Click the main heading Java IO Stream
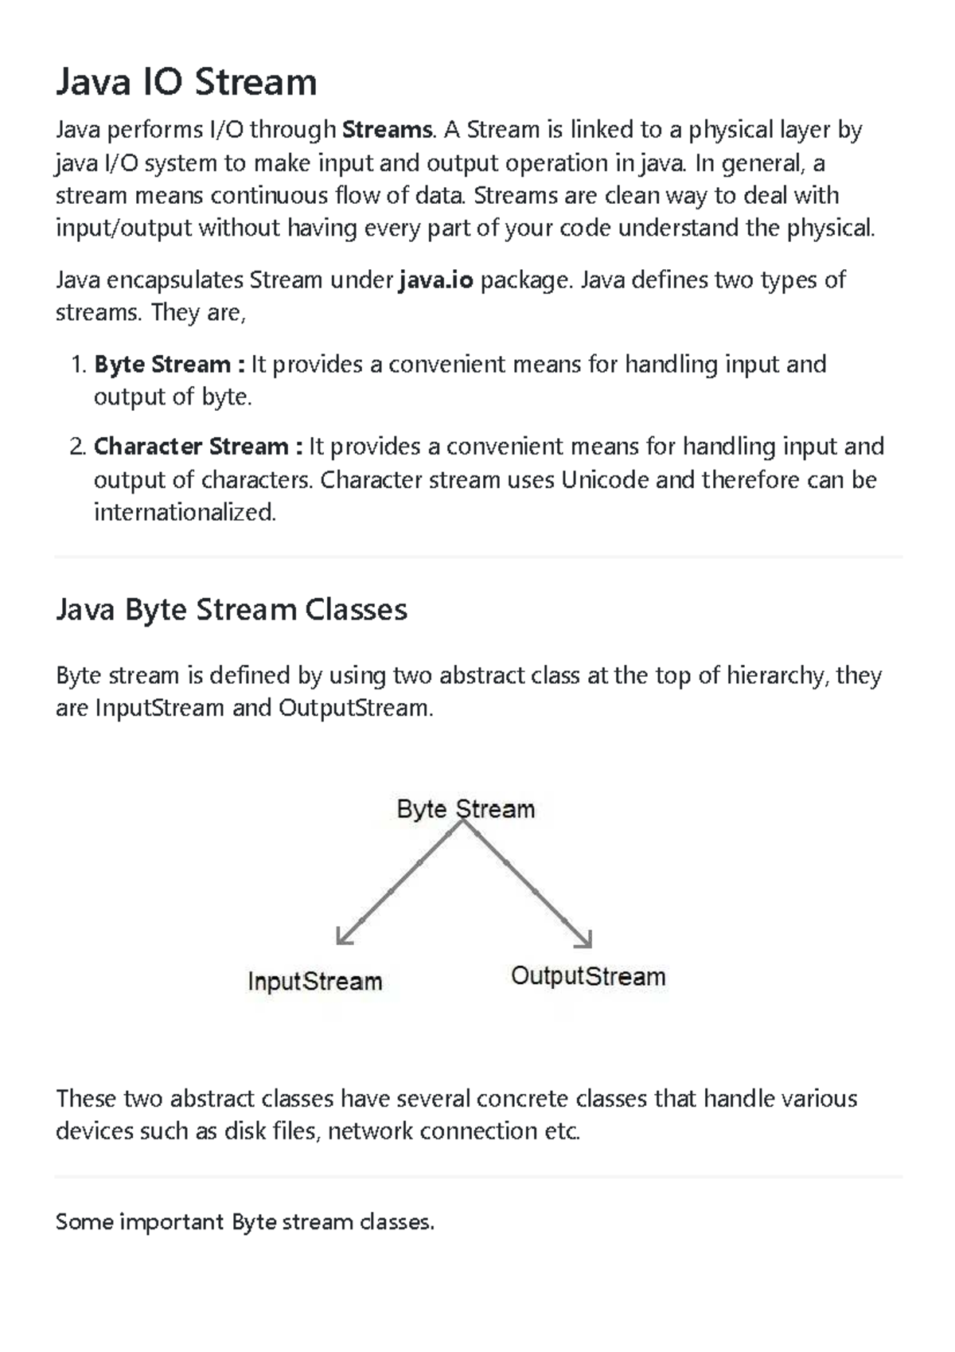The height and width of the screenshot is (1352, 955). [186, 82]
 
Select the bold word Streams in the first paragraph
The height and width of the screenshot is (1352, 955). [387, 130]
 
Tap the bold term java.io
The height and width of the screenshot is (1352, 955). [435, 280]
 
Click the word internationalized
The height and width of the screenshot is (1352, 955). [185, 513]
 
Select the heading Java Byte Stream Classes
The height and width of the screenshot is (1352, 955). [232, 610]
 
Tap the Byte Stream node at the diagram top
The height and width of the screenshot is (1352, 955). [466, 809]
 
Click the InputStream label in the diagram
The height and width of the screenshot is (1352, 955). [315, 981]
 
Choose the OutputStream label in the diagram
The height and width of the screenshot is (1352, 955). [588, 976]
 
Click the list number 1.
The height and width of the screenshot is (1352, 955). [77, 365]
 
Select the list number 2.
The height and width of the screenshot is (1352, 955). [76, 447]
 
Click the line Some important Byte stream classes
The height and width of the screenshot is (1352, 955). [245, 1222]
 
